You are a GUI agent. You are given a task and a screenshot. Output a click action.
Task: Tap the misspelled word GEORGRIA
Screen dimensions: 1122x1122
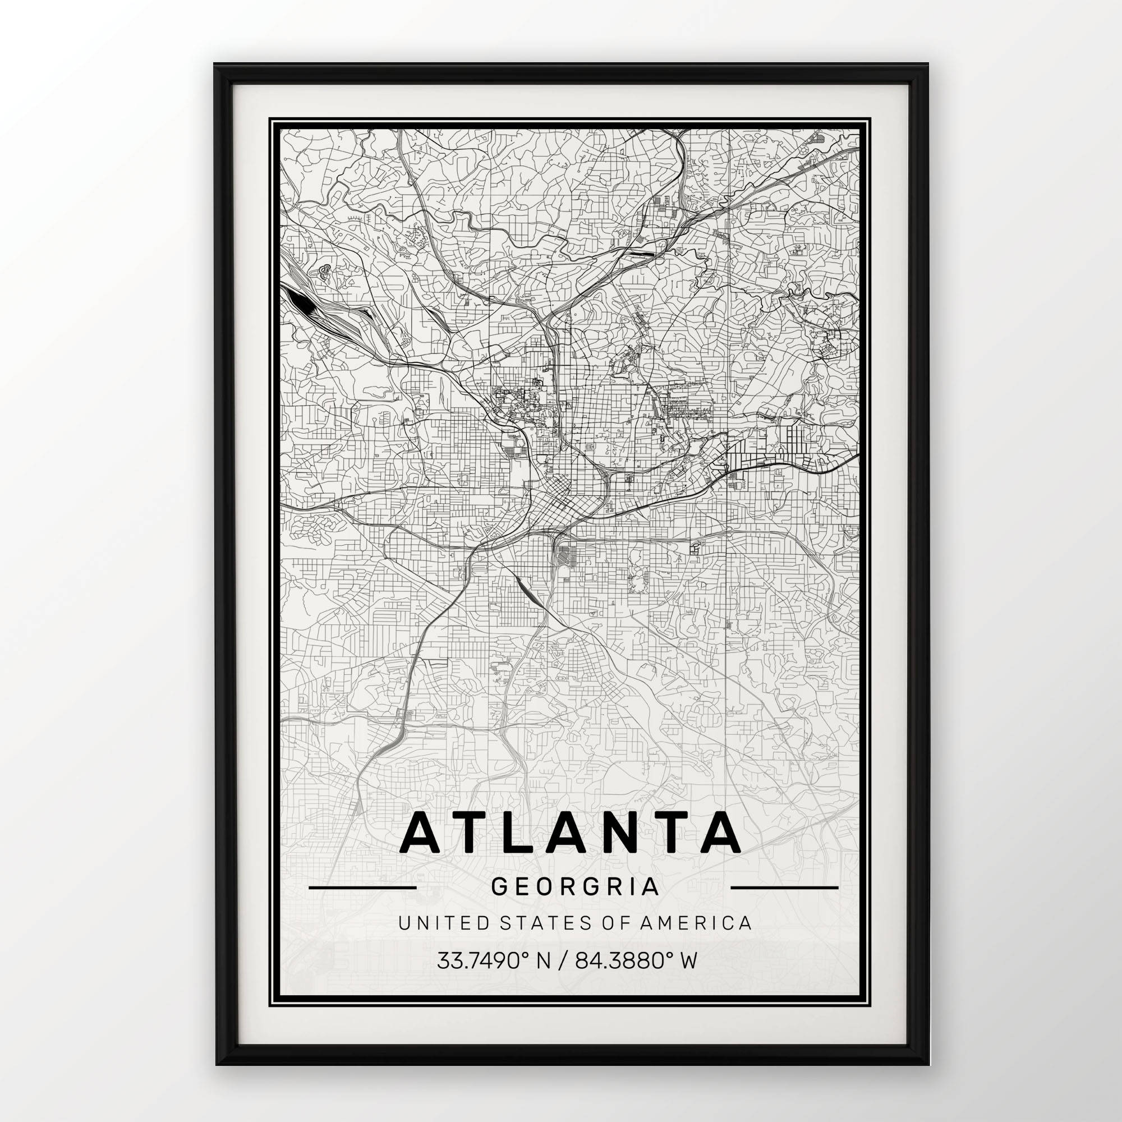click(574, 887)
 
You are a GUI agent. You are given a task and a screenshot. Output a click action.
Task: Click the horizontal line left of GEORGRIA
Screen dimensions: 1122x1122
click(362, 888)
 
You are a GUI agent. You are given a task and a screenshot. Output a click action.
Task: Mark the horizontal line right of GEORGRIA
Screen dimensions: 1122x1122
click(784, 888)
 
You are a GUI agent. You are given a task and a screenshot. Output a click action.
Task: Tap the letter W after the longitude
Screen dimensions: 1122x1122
click(688, 960)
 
